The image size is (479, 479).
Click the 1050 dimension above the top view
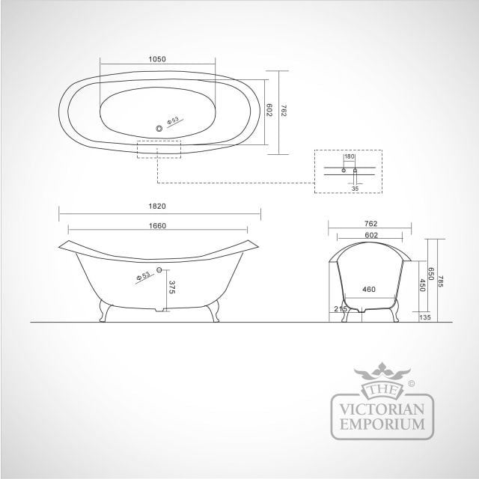157,59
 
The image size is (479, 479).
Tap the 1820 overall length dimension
157,207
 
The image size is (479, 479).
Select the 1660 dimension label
157,226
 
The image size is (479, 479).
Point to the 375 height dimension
171,287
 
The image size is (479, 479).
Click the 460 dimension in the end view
369,290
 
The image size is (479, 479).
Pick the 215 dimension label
341,309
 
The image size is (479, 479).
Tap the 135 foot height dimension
424,317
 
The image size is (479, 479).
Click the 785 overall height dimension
440,281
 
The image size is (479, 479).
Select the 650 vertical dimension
431,274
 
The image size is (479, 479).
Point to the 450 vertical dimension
422,285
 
